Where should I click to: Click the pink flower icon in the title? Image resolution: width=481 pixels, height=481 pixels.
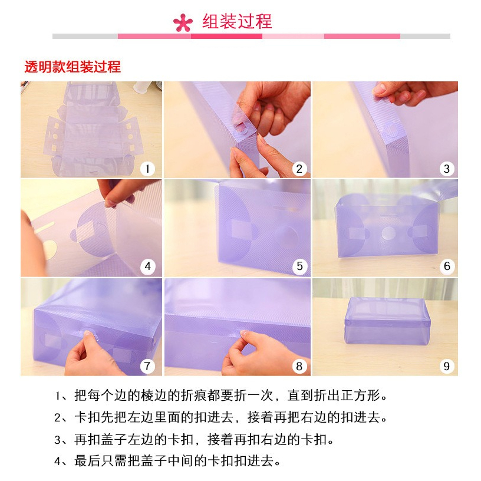coord(183,22)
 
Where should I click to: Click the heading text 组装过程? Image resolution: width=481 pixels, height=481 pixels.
coord(237,21)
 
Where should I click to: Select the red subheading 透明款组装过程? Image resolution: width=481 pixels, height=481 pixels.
coord(73,67)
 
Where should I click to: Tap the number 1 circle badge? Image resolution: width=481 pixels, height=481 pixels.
coord(147,169)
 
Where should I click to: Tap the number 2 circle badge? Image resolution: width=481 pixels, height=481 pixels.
coord(299,169)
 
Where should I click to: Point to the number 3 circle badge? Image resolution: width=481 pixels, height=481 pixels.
coord(447,169)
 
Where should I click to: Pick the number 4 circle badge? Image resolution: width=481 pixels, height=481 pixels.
coord(147,266)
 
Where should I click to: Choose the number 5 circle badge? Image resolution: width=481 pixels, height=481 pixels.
coord(299,266)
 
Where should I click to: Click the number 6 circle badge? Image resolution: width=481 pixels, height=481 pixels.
coord(447,266)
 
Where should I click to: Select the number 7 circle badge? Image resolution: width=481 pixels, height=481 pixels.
coord(147,366)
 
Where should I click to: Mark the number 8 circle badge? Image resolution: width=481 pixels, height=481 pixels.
coord(299,366)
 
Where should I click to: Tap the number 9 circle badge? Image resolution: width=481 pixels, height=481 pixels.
coord(447,366)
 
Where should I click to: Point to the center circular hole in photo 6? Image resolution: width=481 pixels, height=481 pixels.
coord(388,233)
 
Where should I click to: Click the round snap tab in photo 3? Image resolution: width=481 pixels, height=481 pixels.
coord(390,130)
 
